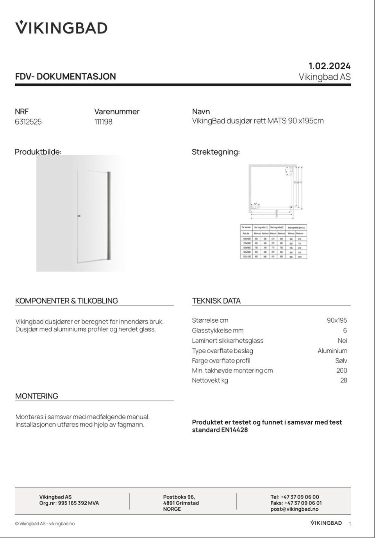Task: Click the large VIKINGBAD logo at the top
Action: coord(61,27)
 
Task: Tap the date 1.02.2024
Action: coord(329,66)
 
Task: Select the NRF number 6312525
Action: coord(28,122)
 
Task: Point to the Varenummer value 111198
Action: coord(103,122)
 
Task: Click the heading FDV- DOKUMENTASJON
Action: coord(66,76)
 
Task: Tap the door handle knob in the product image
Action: coord(79,216)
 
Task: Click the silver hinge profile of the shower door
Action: coord(109,215)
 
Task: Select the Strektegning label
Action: coord(216,152)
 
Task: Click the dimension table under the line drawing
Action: coord(273,241)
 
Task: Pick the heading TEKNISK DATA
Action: coord(216,301)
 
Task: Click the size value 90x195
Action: coord(337,320)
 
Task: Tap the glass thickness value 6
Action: coord(345,331)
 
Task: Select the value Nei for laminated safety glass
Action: coord(342,341)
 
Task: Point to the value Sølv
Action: coord(341,361)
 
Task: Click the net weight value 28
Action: coord(343,380)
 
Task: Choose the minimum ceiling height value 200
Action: coord(341,370)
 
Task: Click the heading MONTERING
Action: coord(37,396)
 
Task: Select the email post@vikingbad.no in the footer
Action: coord(294,509)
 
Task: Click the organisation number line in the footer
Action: coord(69,503)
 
